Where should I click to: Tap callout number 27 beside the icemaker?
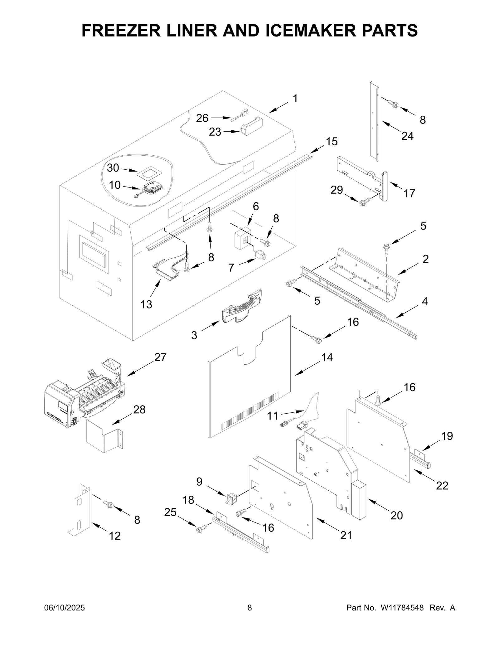(x=160, y=357)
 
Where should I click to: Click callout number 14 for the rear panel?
(x=327, y=357)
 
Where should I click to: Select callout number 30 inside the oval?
(x=113, y=168)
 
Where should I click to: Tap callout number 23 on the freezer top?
(x=215, y=132)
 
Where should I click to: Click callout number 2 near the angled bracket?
(x=425, y=259)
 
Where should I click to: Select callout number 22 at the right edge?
(x=442, y=486)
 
